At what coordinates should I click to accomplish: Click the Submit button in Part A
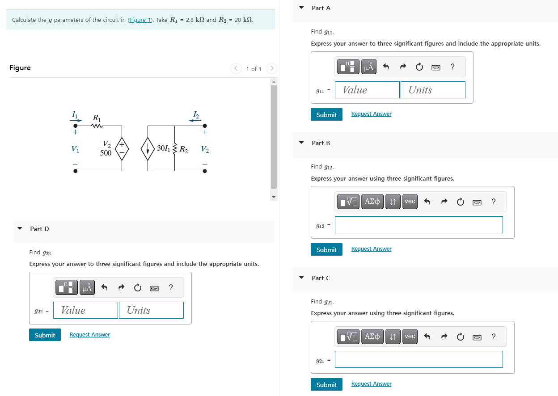[x=326, y=114]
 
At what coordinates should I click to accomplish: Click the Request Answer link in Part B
[x=371, y=249]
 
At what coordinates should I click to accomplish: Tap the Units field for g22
[x=151, y=310]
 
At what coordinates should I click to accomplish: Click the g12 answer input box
[x=418, y=225]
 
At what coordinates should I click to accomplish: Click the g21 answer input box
[x=418, y=359]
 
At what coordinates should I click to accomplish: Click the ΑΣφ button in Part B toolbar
[x=372, y=202]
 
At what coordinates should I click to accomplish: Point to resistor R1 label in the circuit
[x=97, y=118]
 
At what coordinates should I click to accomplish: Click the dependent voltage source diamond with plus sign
[x=122, y=149]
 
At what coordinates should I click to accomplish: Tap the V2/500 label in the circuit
[x=106, y=148]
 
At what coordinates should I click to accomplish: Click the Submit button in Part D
[x=45, y=335]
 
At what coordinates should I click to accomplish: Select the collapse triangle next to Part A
[x=301, y=8]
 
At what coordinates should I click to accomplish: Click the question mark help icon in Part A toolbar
[x=452, y=67]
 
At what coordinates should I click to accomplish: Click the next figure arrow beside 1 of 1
[x=271, y=69]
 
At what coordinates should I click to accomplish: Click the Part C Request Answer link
[x=371, y=384]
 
